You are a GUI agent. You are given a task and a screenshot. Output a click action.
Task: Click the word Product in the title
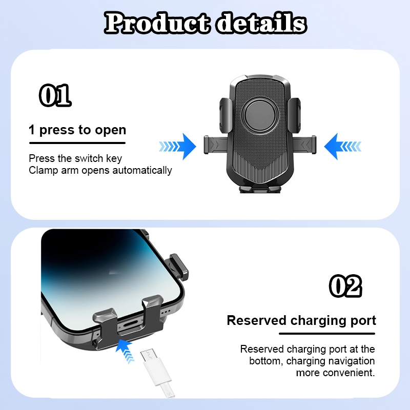(x=157, y=23)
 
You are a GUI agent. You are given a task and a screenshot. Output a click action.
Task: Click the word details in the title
(x=261, y=23)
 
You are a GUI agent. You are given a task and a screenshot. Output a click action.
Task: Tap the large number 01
(x=55, y=95)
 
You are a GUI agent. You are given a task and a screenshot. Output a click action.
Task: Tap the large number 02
(x=345, y=286)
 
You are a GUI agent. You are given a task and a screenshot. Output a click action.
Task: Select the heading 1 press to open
(x=77, y=130)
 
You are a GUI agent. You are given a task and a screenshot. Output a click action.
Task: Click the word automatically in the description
(x=142, y=171)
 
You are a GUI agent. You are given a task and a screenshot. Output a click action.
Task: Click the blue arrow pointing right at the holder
(x=178, y=147)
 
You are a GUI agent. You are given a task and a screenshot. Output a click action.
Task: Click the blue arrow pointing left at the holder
(x=342, y=147)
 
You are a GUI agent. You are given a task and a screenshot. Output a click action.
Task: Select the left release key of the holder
(x=215, y=145)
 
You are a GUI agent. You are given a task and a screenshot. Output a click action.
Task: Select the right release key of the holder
(x=304, y=145)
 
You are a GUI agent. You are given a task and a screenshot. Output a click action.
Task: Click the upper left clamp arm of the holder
(x=225, y=115)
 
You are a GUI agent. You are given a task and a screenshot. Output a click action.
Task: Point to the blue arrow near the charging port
(x=125, y=350)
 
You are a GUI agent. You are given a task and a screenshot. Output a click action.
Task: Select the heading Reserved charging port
(x=301, y=321)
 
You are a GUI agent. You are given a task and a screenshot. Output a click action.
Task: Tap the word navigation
(x=352, y=361)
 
